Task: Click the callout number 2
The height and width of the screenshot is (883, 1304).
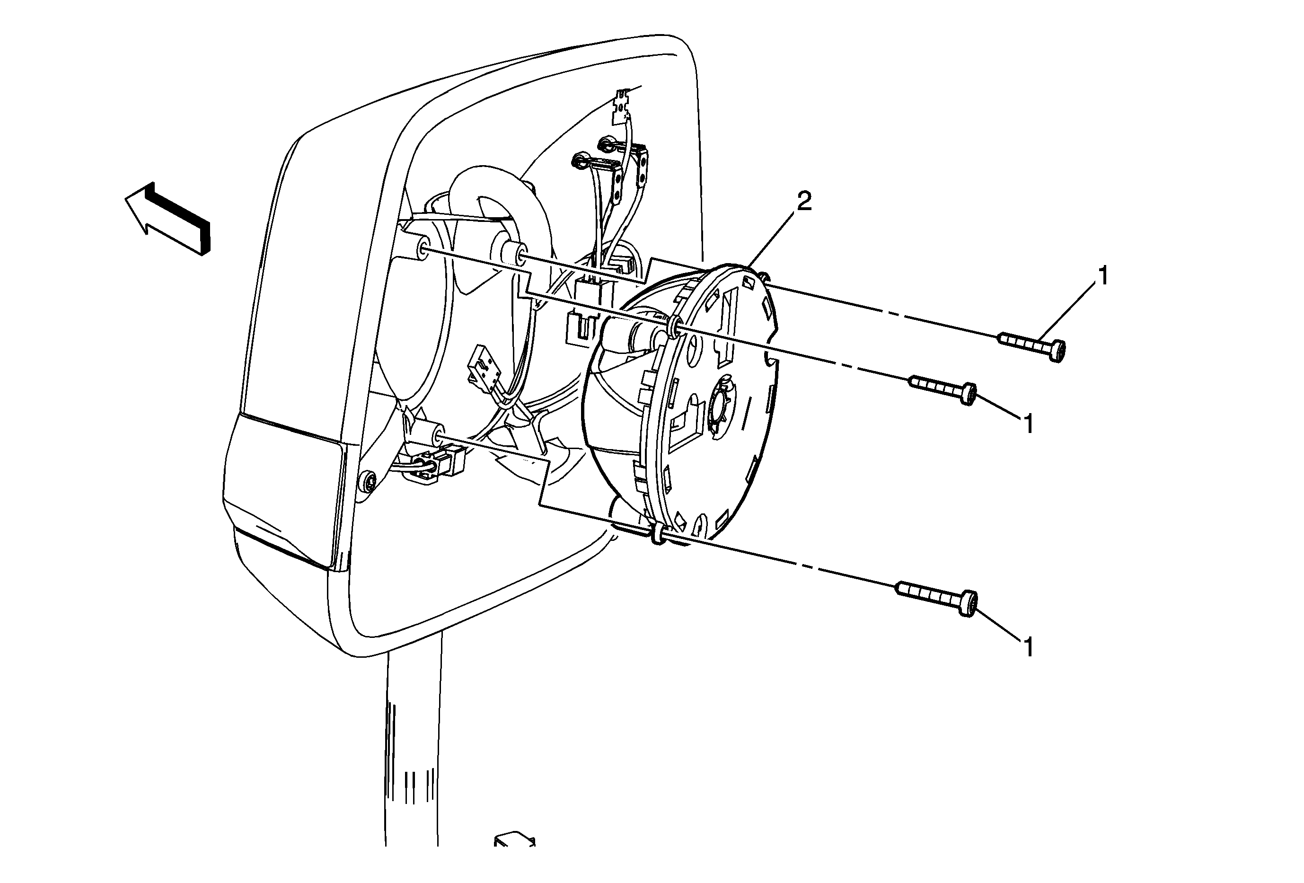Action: (x=804, y=202)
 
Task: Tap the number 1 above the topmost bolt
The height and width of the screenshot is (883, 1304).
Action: (x=1103, y=276)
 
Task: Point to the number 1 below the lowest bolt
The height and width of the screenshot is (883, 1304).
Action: (x=1028, y=647)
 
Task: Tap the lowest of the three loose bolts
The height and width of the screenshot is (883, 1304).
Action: (x=937, y=601)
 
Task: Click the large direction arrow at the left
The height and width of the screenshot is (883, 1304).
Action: (x=167, y=219)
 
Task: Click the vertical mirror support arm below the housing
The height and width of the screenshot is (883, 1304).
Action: (x=413, y=746)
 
